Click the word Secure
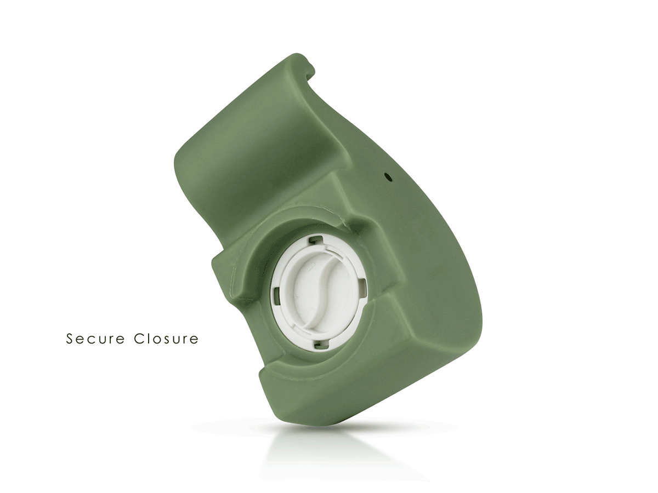click(x=95, y=339)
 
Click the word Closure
click(x=166, y=339)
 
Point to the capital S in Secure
click(x=70, y=339)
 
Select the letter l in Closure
click(x=148, y=339)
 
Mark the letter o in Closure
click(x=157, y=340)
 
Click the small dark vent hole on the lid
click(x=389, y=177)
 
